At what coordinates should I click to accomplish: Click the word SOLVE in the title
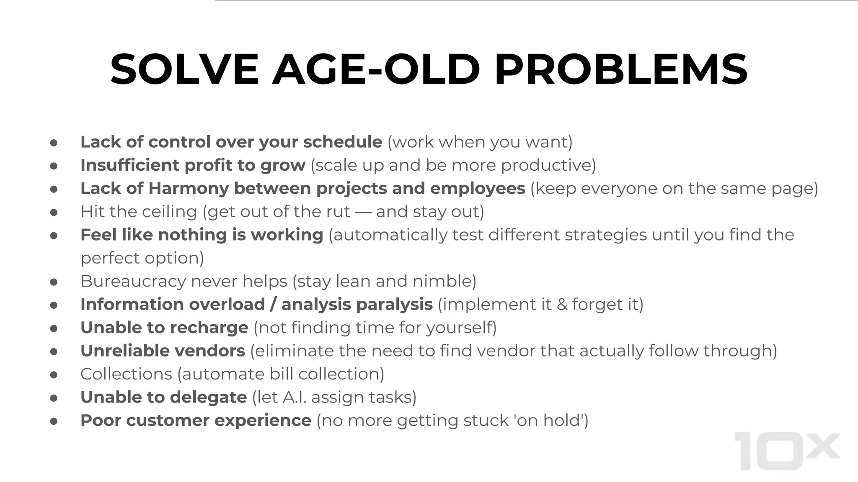[185, 69]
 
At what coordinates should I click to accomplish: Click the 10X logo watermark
[787, 451]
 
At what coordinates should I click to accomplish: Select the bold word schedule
[342, 142]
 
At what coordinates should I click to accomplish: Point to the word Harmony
[189, 189]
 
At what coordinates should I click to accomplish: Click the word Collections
[126, 374]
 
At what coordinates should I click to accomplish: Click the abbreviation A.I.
[295, 397]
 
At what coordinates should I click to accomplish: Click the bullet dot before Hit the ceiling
[54, 213]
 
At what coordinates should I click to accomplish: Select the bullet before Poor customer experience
[54, 421]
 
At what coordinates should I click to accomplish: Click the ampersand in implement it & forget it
[562, 305]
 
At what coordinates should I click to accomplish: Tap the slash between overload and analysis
[273, 305]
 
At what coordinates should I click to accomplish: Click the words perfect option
[142, 258]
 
